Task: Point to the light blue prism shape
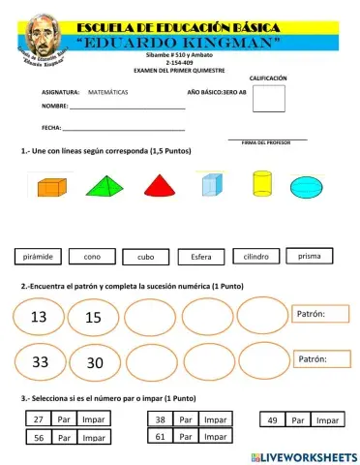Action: [x=212, y=184]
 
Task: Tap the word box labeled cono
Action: [x=93, y=258]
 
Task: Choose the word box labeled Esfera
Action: [x=201, y=258]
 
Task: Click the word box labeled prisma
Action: [x=310, y=256]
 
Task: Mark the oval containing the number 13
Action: [x=40, y=317]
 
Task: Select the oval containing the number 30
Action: [x=94, y=363]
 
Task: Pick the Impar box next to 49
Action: [x=328, y=420]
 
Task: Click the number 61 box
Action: [x=160, y=437]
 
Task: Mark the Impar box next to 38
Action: [x=215, y=419]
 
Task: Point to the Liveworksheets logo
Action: [x=303, y=454]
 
